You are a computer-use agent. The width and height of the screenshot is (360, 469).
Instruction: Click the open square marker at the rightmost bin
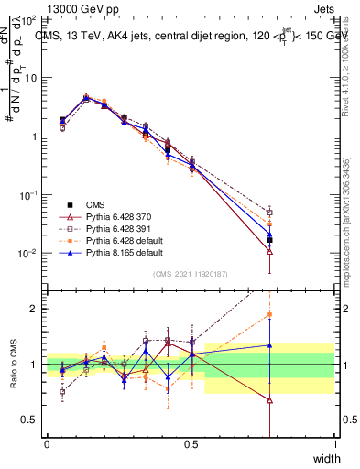tap(269, 212)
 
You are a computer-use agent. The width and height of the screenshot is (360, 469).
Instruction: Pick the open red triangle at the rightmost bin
tap(269, 251)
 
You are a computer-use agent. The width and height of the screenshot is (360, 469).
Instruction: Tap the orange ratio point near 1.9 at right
tap(269, 314)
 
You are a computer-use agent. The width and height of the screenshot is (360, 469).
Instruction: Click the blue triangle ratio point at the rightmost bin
tap(269, 345)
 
